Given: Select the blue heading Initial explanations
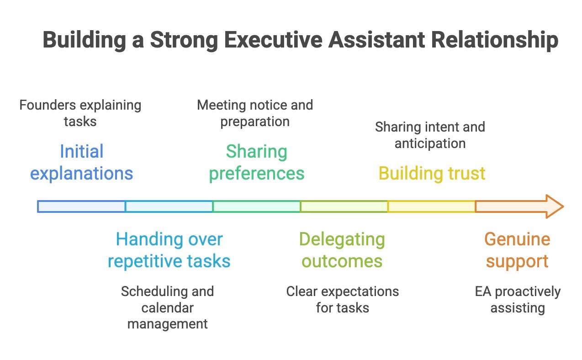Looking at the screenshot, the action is [82, 162].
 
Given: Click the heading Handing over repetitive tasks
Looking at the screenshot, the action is [169, 250].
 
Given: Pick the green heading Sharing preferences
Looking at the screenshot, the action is [257, 162].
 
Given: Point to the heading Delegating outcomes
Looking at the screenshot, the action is [342, 250].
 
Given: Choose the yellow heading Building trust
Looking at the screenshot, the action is [432, 174].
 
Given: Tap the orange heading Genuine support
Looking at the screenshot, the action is [517, 250].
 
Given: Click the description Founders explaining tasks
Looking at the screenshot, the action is [80, 113].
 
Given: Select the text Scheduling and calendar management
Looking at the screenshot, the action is [168, 307].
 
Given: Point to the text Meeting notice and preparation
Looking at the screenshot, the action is [255, 113].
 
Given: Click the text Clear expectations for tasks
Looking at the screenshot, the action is [343, 299].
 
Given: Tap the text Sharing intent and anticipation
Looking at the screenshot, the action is [430, 135].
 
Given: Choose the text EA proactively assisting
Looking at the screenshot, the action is [518, 299].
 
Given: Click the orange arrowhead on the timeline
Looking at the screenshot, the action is [553, 206].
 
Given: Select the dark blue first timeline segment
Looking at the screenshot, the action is [81, 206].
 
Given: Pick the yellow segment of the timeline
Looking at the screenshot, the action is [431, 206].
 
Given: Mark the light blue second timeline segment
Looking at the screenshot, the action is [169, 206].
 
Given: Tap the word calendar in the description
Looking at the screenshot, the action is [168, 307].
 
